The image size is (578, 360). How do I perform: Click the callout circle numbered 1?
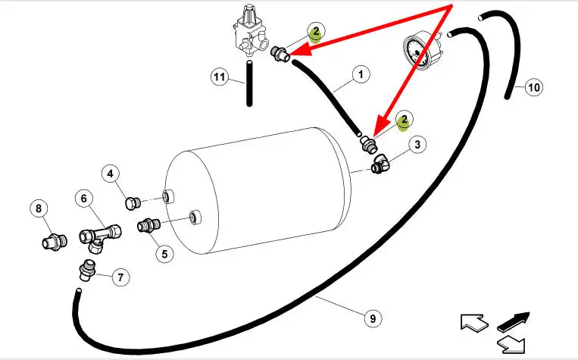(x=361, y=75)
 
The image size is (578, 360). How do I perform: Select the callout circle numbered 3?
(x=417, y=144)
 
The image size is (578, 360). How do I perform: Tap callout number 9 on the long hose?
(x=372, y=319)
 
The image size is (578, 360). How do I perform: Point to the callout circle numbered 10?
(x=533, y=87)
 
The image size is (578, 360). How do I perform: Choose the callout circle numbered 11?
(x=220, y=77)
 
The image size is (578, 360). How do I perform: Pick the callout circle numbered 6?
(x=85, y=199)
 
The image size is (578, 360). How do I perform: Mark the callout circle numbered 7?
(x=120, y=277)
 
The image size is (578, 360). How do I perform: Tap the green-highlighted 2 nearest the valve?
(x=316, y=32)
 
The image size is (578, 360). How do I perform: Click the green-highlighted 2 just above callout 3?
(x=405, y=120)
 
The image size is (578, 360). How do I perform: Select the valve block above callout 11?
(x=248, y=34)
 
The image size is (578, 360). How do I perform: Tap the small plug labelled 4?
(x=133, y=202)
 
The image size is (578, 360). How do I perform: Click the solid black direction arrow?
(x=514, y=320)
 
